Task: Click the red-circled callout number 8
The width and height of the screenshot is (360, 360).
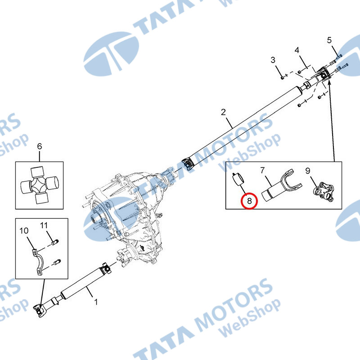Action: click(x=249, y=201)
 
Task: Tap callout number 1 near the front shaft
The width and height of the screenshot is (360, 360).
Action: click(x=96, y=301)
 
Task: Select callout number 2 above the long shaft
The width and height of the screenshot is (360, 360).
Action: click(x=223, y=112)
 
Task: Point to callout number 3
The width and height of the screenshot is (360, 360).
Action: click(x=273, y=60)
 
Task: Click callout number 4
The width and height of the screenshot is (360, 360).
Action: click(x=297, y=50)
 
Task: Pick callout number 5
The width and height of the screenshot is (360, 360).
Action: click(x=329, y=40)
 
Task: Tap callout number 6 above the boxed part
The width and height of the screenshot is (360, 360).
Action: click(x=40, y=146)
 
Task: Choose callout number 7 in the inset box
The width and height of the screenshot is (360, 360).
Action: click(x=262, y=171)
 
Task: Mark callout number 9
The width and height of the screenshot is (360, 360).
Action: click(x=308, y=171)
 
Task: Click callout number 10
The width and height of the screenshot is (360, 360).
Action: click(x=24, y=230)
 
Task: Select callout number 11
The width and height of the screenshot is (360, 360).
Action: click(x=44, y=225)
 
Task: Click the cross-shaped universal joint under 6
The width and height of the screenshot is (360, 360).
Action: click(x=40, y=185)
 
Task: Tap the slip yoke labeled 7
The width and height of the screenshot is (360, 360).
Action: click(x=282, y=185)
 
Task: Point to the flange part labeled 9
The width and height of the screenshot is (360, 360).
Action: click(x=324, y=192)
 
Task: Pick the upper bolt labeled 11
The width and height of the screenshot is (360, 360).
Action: click(x=55, y=242)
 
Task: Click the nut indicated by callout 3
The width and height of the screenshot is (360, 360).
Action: click(x=283, y=78)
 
